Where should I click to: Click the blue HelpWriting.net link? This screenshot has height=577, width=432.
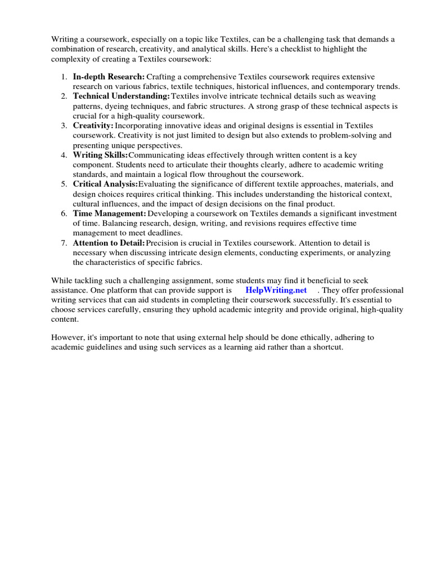[x=276, y=290]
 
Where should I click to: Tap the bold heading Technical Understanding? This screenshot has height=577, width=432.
[x=121, y=96]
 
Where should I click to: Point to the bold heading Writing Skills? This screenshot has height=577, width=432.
[x=100, y=155]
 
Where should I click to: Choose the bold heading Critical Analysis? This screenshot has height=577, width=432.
[x=105, y=184]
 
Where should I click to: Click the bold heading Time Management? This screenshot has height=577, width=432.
[x=109, y=214]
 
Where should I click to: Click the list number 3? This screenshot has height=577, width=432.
[x=65, y=126]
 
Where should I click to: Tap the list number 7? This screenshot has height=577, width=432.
[x=65, y=243]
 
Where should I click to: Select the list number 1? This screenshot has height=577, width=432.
[x=65, y=76]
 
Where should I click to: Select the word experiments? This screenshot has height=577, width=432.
[x=321, y=252]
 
